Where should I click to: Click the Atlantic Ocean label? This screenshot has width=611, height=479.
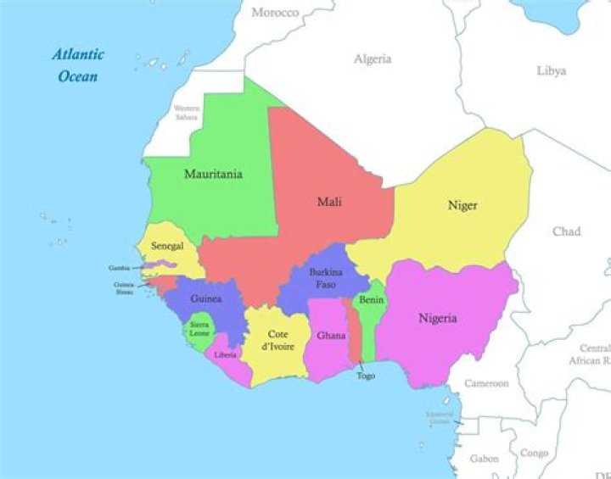78,65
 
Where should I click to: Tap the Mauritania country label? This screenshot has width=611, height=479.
213,175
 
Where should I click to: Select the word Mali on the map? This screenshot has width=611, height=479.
329,202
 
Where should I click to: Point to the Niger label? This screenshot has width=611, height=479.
462,206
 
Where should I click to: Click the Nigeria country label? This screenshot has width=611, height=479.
438,319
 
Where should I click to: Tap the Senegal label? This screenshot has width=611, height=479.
167,246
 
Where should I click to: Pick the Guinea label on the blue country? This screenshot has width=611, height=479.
206,299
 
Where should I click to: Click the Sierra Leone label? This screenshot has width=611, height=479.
199,329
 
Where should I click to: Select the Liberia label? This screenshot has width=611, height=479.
225,354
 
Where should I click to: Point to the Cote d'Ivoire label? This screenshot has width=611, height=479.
277,340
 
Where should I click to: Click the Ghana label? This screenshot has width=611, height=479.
331,336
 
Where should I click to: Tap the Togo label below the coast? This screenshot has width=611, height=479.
366,376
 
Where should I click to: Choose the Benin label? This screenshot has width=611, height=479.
371,300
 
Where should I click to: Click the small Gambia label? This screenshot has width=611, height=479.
119,268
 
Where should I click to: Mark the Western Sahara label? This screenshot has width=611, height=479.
186,112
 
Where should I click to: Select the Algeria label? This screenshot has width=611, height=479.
373,59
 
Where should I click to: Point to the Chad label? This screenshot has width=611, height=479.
566,231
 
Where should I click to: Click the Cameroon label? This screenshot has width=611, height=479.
486,383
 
